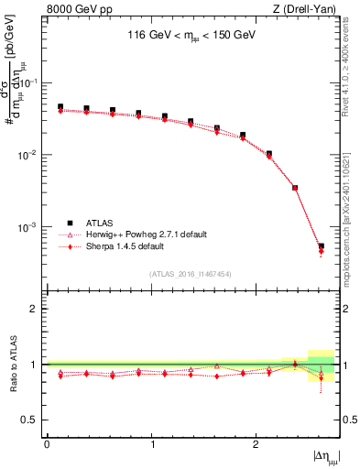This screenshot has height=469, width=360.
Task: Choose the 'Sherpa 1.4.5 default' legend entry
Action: [133, 247]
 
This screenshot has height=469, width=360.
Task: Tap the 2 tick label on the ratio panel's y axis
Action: [35, 309]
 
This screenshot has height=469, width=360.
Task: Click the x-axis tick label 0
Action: [47, 444]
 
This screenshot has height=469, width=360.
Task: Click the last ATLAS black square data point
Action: [321, 245]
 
